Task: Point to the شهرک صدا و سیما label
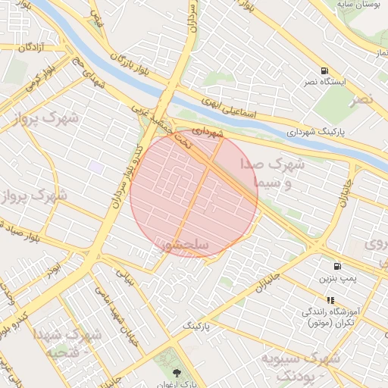[272, 174]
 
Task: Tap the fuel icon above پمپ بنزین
[336, 266]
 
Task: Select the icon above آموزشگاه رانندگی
[330, 301]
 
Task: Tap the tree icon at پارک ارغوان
[177, 373]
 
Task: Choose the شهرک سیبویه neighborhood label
[299, 365]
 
